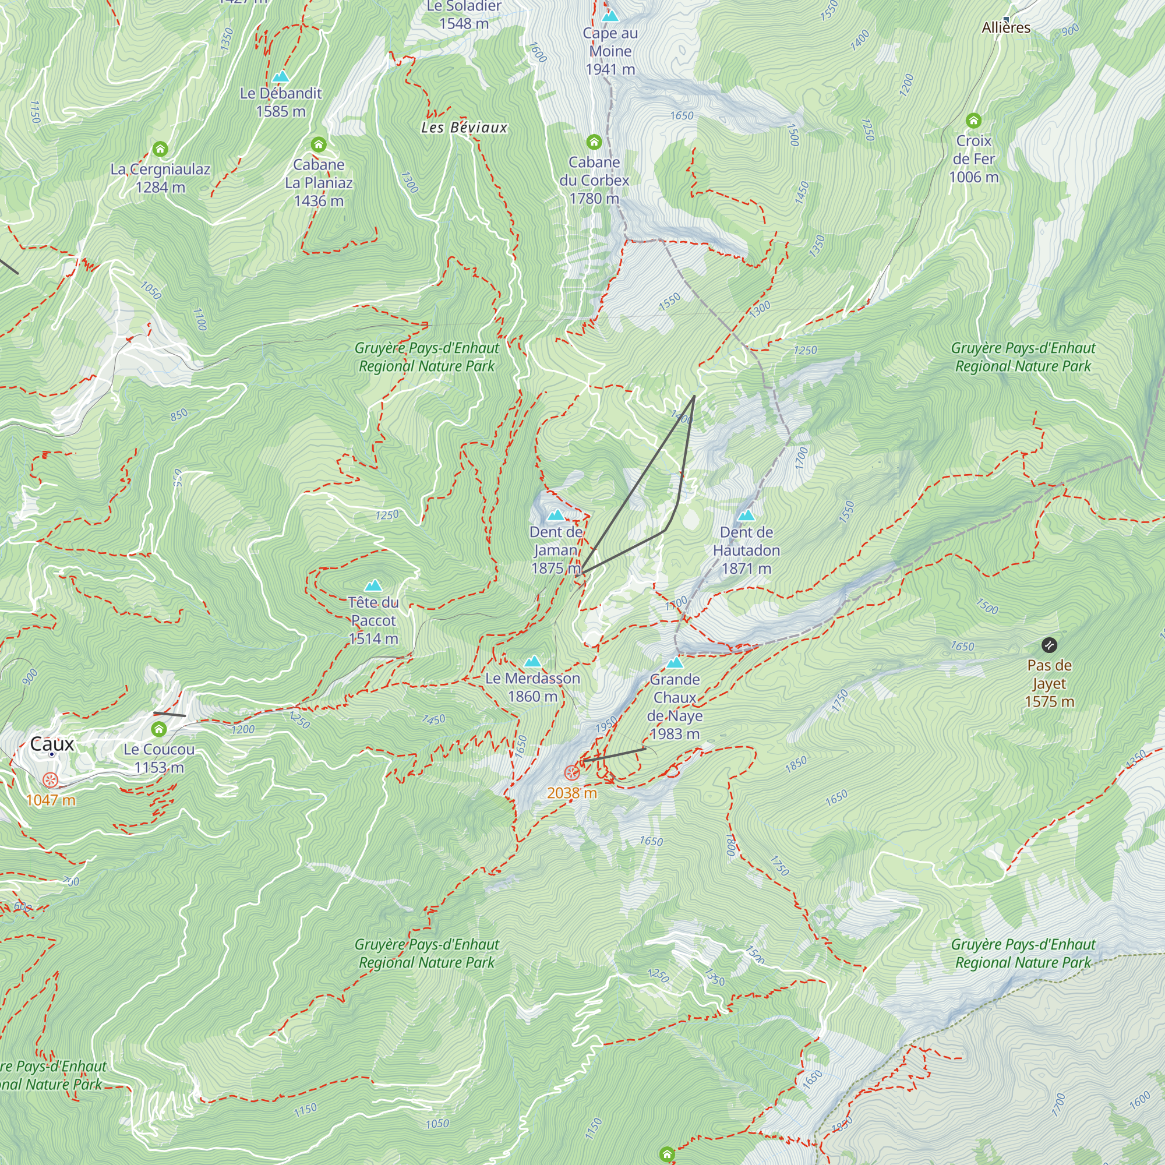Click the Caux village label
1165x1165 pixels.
[52, 744]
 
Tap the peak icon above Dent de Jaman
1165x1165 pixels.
[555, 515]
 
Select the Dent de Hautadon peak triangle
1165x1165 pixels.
[746, 515]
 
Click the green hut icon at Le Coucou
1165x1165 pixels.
[158, 730]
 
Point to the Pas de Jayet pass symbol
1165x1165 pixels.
[1048, 645]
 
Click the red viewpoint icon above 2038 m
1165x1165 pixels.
[571, 772]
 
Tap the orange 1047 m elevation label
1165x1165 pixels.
[51, 800]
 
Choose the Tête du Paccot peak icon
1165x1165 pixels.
[373, 585]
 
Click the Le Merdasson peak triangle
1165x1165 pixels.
[532, 661]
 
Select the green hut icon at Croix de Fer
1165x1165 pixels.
[973, 121]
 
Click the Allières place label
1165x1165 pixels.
[1006, 28]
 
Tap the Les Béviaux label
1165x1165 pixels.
[464, 127]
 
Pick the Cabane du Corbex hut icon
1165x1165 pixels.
[594, 142]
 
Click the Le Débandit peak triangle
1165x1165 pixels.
[280, 76]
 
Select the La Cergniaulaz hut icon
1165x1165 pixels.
[160, 149]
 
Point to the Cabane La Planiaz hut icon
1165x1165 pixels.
[319, 144]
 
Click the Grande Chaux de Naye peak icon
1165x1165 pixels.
[675, 663]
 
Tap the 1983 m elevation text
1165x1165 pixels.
[674, 734]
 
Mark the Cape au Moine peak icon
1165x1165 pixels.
[610, 16]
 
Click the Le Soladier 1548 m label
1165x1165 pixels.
[464, 15]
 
